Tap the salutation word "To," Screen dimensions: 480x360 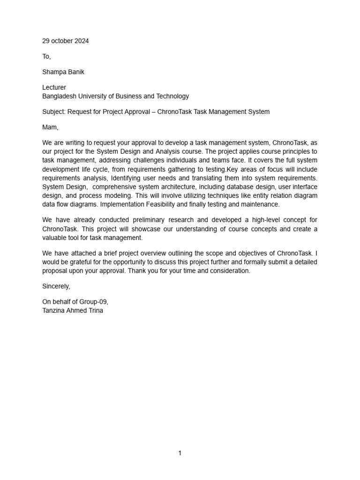point(46,56)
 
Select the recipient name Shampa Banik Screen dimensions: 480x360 point(63,72)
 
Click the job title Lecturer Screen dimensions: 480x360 point(54,88)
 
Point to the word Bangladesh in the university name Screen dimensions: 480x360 point(60,96)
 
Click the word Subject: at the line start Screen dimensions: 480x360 point(55,112)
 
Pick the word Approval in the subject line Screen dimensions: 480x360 point(139,112)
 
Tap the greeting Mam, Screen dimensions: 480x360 point(50,127)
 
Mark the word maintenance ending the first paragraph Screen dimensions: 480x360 point(260,205)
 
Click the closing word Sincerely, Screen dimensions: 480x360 point(56,286)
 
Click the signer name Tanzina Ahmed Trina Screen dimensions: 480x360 point(73,310)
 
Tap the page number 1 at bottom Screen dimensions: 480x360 point(180,453)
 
